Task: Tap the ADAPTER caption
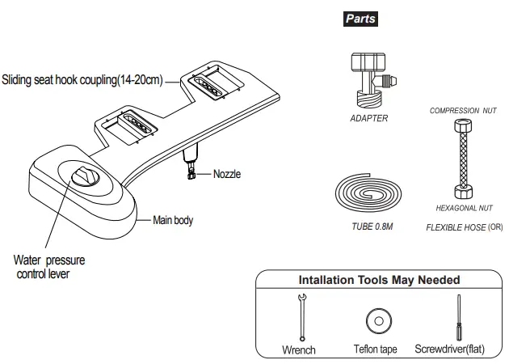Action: pos(369,118)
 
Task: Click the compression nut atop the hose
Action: pos(462,129)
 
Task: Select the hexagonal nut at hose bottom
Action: pos(462,193)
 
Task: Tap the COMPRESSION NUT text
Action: pos(462,110)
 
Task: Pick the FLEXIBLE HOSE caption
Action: pos(456,228)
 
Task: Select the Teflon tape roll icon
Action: pos(377,320)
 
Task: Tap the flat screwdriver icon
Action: pos(459,317)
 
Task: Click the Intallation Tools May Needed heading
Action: pos(379,280)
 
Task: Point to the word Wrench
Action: pos(298,350)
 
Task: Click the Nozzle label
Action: pos(227,174)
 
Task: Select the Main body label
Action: pos(173,219)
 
